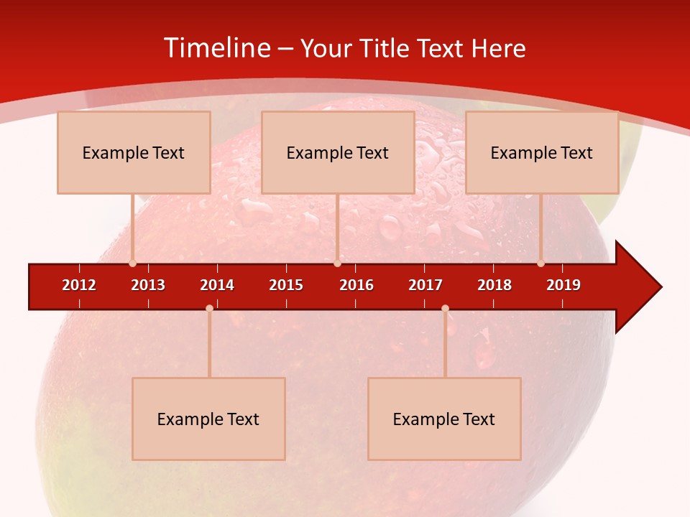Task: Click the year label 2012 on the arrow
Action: (x=79, y=285)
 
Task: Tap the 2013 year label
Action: (x=148, y=285)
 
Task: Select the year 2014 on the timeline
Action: (x=217, y=285)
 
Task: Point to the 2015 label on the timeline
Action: (x=286, y=285)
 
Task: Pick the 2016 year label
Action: (x=356, y=285)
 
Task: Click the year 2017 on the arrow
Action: (x=425, y=285)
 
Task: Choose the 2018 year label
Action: (x=494, y=285)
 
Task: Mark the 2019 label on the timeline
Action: (x=563, y=285)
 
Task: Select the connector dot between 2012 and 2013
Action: (x=132, y=264)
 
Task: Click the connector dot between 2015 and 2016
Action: (x=337, y=264)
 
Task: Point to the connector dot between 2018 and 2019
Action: (x=540, y=264)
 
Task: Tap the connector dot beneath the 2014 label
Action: (x=209, y=308)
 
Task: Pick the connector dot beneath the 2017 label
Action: (x=445, y=308)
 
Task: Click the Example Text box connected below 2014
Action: (x=208, y=419)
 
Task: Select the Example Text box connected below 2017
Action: (x=444, y=419)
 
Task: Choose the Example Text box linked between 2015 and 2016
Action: (x=338, y=152)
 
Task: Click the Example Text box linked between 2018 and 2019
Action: (x=542, y=152)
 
